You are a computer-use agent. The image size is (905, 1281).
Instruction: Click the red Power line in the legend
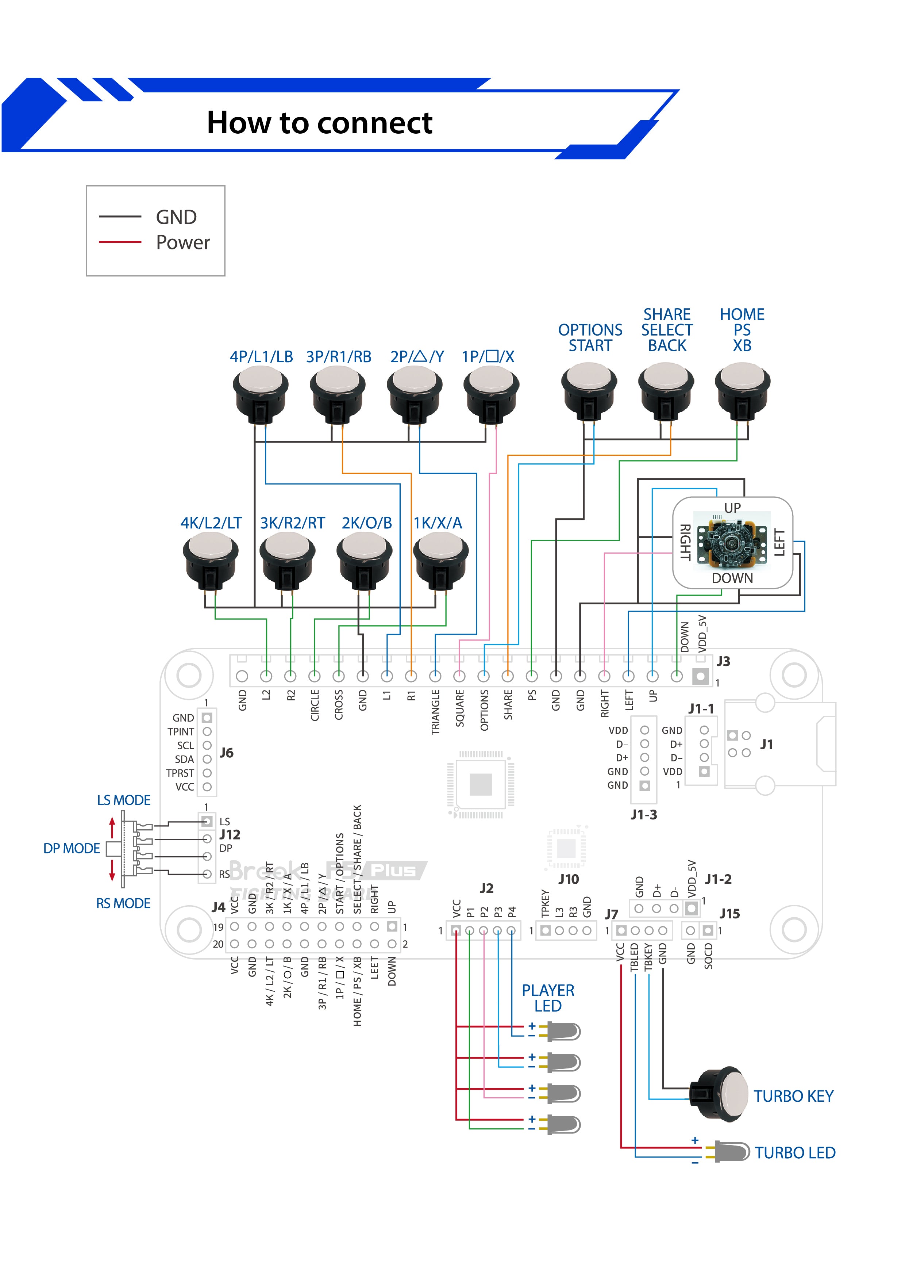click(120, 242)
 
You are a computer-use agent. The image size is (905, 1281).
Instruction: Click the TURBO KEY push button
click(719, 1094)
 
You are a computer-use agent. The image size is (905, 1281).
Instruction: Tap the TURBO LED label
click(794, 1153)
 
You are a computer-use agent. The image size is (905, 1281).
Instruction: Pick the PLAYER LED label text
click(548, 998)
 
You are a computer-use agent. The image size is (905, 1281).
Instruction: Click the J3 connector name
click(723, 661)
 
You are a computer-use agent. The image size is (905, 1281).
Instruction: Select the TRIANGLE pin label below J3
click(435, 712)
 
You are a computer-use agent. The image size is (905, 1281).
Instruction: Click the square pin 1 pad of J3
click(700, 676)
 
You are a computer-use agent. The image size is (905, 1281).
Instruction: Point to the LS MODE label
click(123, 800)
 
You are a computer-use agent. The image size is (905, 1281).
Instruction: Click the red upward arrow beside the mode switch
click(112, 827)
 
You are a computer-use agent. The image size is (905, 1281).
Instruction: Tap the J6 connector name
click(226, 753)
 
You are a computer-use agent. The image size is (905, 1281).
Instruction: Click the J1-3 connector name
click(643, 815)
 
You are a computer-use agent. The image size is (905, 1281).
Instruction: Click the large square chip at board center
click(481, 784)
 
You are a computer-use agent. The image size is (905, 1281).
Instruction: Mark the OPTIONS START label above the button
click(590, 337)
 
